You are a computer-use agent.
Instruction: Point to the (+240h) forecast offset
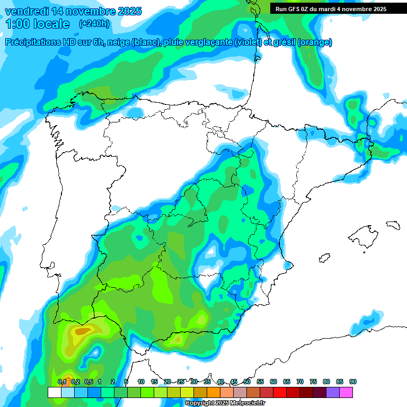pyautogui.click(x=94, y=24)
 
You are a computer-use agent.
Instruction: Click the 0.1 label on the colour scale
pyautogui.click(x=62, y=382)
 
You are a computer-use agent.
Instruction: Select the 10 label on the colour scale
pyautogui.click(x=141, y=382)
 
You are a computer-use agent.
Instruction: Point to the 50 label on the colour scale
pyautogui.click(x=247, y=382)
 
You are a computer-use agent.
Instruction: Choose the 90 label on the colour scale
pyautogui.click(x=353, y=382)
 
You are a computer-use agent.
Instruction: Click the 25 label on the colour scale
pyautogui.click(x=181, y=382)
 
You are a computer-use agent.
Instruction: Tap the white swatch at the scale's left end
pyautogui.click(x=54, y=392)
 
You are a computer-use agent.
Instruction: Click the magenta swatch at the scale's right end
pyautogui.click(x=346, y=392)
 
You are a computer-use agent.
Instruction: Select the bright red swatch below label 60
pyautogui.click(x=280, y=392)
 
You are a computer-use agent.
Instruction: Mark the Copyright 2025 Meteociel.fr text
pyautogui.click(x=225, y=403)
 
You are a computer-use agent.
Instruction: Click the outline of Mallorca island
pyautogui.click(x=364, y=234)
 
